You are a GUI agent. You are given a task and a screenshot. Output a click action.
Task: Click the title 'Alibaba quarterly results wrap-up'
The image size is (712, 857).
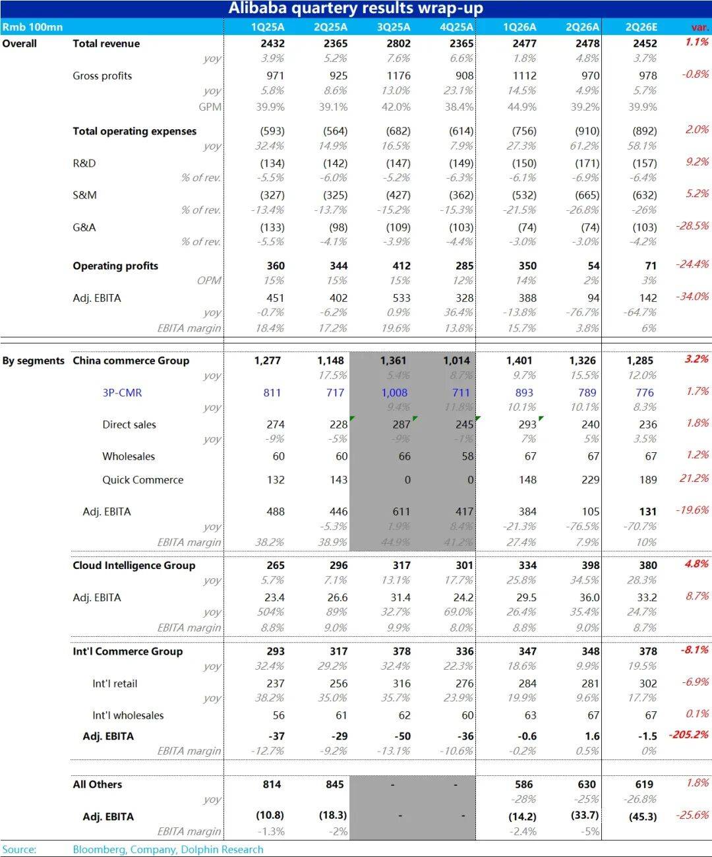click(355, 9)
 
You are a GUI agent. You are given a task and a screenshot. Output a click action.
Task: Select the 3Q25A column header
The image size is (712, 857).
click(394, 27)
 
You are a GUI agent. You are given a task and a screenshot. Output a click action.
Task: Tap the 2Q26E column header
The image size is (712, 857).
click(641, 27)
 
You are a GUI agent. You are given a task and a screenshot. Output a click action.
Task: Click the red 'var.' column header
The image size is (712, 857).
click(699, 28)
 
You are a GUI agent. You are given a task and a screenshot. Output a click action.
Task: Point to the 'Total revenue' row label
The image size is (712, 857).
click(106, 44)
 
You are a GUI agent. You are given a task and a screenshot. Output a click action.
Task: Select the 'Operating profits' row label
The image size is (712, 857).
click(115, 266)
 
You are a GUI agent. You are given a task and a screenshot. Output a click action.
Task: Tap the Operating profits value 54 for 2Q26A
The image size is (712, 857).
click(593, 266)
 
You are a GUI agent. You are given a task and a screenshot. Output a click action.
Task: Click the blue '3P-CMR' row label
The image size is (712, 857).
click(122, 393)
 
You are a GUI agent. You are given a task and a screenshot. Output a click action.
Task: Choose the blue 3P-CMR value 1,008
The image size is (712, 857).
click(394, 393)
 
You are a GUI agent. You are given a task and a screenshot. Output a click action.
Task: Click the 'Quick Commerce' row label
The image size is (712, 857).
click(142, 480)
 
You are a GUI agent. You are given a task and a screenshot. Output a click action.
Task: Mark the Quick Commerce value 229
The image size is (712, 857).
click(590, 480)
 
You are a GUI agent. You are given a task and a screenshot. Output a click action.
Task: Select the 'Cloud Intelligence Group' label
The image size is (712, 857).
click(134, 565)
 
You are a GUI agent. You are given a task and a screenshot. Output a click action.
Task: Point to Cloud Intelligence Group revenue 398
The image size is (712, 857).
click(590, 565)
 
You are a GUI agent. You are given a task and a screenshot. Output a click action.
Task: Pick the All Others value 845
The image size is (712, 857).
click(335, 784)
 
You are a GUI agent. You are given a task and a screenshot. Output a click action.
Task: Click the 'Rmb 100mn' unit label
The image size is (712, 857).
click(32, 27)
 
